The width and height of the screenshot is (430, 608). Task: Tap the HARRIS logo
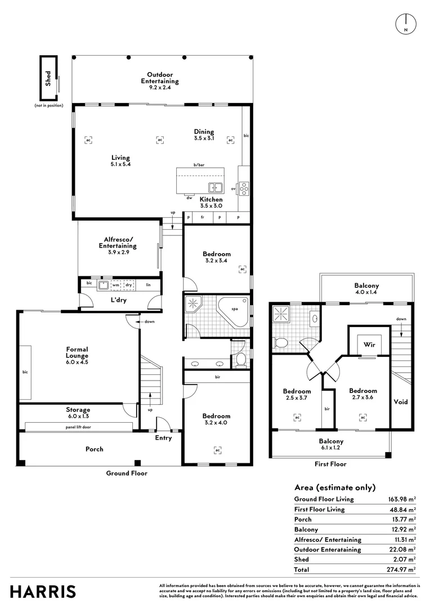point(43,592)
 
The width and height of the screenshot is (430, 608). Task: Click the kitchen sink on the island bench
point(216,187)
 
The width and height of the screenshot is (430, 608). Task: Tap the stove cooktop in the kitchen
point(244,187)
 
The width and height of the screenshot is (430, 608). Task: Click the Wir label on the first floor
point(369,344)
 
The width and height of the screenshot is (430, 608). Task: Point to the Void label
point(401,402)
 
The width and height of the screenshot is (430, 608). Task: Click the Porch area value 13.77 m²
point(404,519)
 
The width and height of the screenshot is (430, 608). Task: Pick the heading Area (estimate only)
point(334,488)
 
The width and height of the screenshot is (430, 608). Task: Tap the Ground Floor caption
point(127,473)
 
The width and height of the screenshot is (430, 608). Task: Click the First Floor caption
point(330,464)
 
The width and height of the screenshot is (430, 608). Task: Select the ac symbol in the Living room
point(88,140)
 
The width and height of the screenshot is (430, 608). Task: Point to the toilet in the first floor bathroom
point(280,342)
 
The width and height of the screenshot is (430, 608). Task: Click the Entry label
point(163,438)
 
